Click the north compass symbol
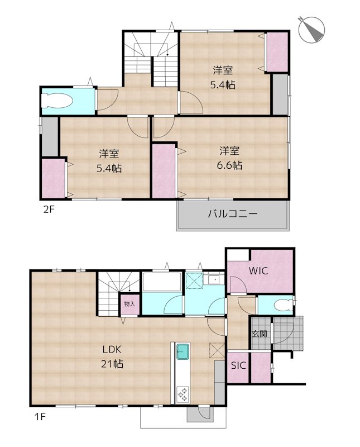click(312, 30)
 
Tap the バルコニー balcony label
click(232, 214)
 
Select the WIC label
click(258, 270)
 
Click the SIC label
click(238, 365)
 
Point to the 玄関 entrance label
click(260, 334)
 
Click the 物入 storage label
click(129, 304)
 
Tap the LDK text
click(112, 349)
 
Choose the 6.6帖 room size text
click(229, 165)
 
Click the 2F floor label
click(49, 210)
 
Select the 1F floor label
click(40, 417)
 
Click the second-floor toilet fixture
click(57, 101)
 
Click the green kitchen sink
click(183, 351)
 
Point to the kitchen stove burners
click(183, 394)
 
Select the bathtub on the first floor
click(162, 282)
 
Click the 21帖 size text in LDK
click(112, 364)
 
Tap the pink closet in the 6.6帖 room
click(164, 171)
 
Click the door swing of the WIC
click(238, 284)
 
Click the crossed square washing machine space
click(194, 281)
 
